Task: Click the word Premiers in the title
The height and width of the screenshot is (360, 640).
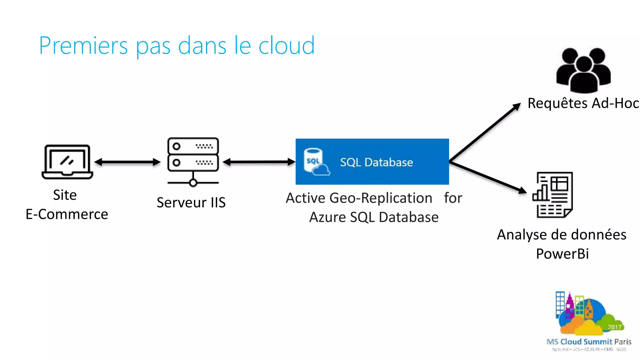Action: click(83, 46)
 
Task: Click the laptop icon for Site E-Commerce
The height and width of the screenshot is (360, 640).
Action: click(67, 162)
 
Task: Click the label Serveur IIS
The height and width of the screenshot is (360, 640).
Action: click(191, 202)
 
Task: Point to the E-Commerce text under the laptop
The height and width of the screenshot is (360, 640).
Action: click(67, 214)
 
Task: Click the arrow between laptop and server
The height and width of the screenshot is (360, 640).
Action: click(127, 162)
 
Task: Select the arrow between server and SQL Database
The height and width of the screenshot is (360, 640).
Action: click(259, 162)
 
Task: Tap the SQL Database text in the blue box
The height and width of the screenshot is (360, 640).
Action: click(376, 162)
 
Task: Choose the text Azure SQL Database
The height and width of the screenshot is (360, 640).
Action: click(374, 217)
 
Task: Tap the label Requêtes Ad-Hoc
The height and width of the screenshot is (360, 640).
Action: click(583, 103)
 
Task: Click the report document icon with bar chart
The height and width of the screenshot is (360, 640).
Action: click(552, 195)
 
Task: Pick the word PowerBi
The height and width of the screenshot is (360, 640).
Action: click(562, 254)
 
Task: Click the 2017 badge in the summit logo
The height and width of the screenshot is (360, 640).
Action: click(614, 327)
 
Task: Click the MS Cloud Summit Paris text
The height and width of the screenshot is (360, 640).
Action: click(589, 342)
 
